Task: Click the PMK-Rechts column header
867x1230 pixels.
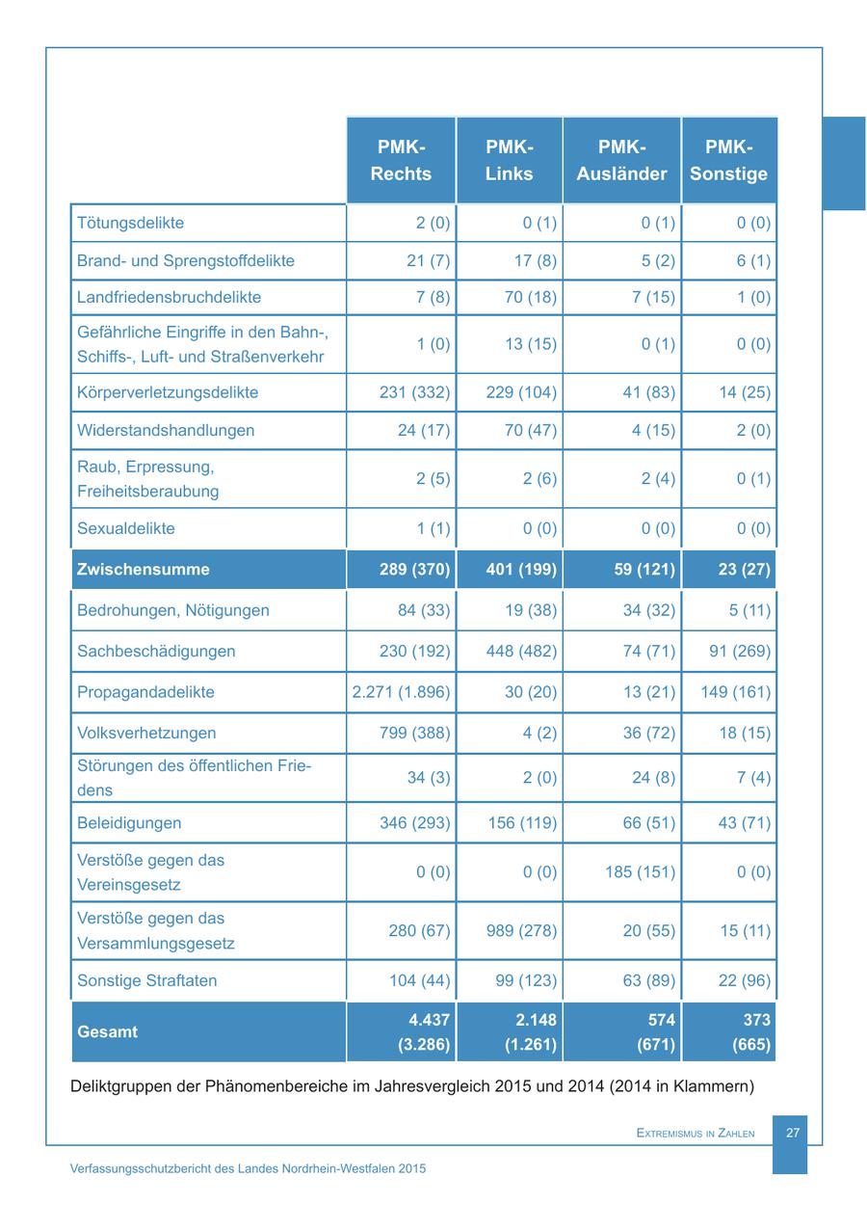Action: coord(401,160)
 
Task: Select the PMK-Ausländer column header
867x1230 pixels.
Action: coord(621,160)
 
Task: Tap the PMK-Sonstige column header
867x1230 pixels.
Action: coord(728,160)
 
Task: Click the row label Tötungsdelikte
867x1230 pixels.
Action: coord(130,223)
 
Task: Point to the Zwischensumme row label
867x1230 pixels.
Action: coord(143,569)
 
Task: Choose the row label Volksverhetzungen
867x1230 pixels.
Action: coord(146,733)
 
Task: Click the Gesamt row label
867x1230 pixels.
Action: coord(107,1031)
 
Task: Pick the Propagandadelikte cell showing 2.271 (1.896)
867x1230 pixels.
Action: coord(401,692)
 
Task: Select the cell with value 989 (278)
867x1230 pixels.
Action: coord(509,931)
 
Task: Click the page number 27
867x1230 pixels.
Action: coord(793,1133)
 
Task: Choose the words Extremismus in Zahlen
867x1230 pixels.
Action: coord(696,1134)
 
